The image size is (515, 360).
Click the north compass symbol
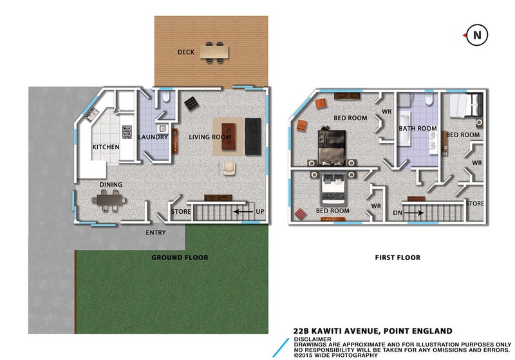click(476, 35)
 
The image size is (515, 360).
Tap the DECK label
click(187, 52)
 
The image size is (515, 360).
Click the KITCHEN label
click(106, 147)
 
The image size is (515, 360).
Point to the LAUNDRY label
click(153, 137)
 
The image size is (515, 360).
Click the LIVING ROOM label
click(209, 137)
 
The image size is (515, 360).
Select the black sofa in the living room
click(252, 136)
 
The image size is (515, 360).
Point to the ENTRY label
click(156, 232)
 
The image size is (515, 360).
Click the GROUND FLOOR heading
click(180, 258)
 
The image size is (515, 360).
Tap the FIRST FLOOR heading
click(397, 258)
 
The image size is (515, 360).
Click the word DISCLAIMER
click(312, 339)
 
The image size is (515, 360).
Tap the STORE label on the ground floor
click(180, 211)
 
